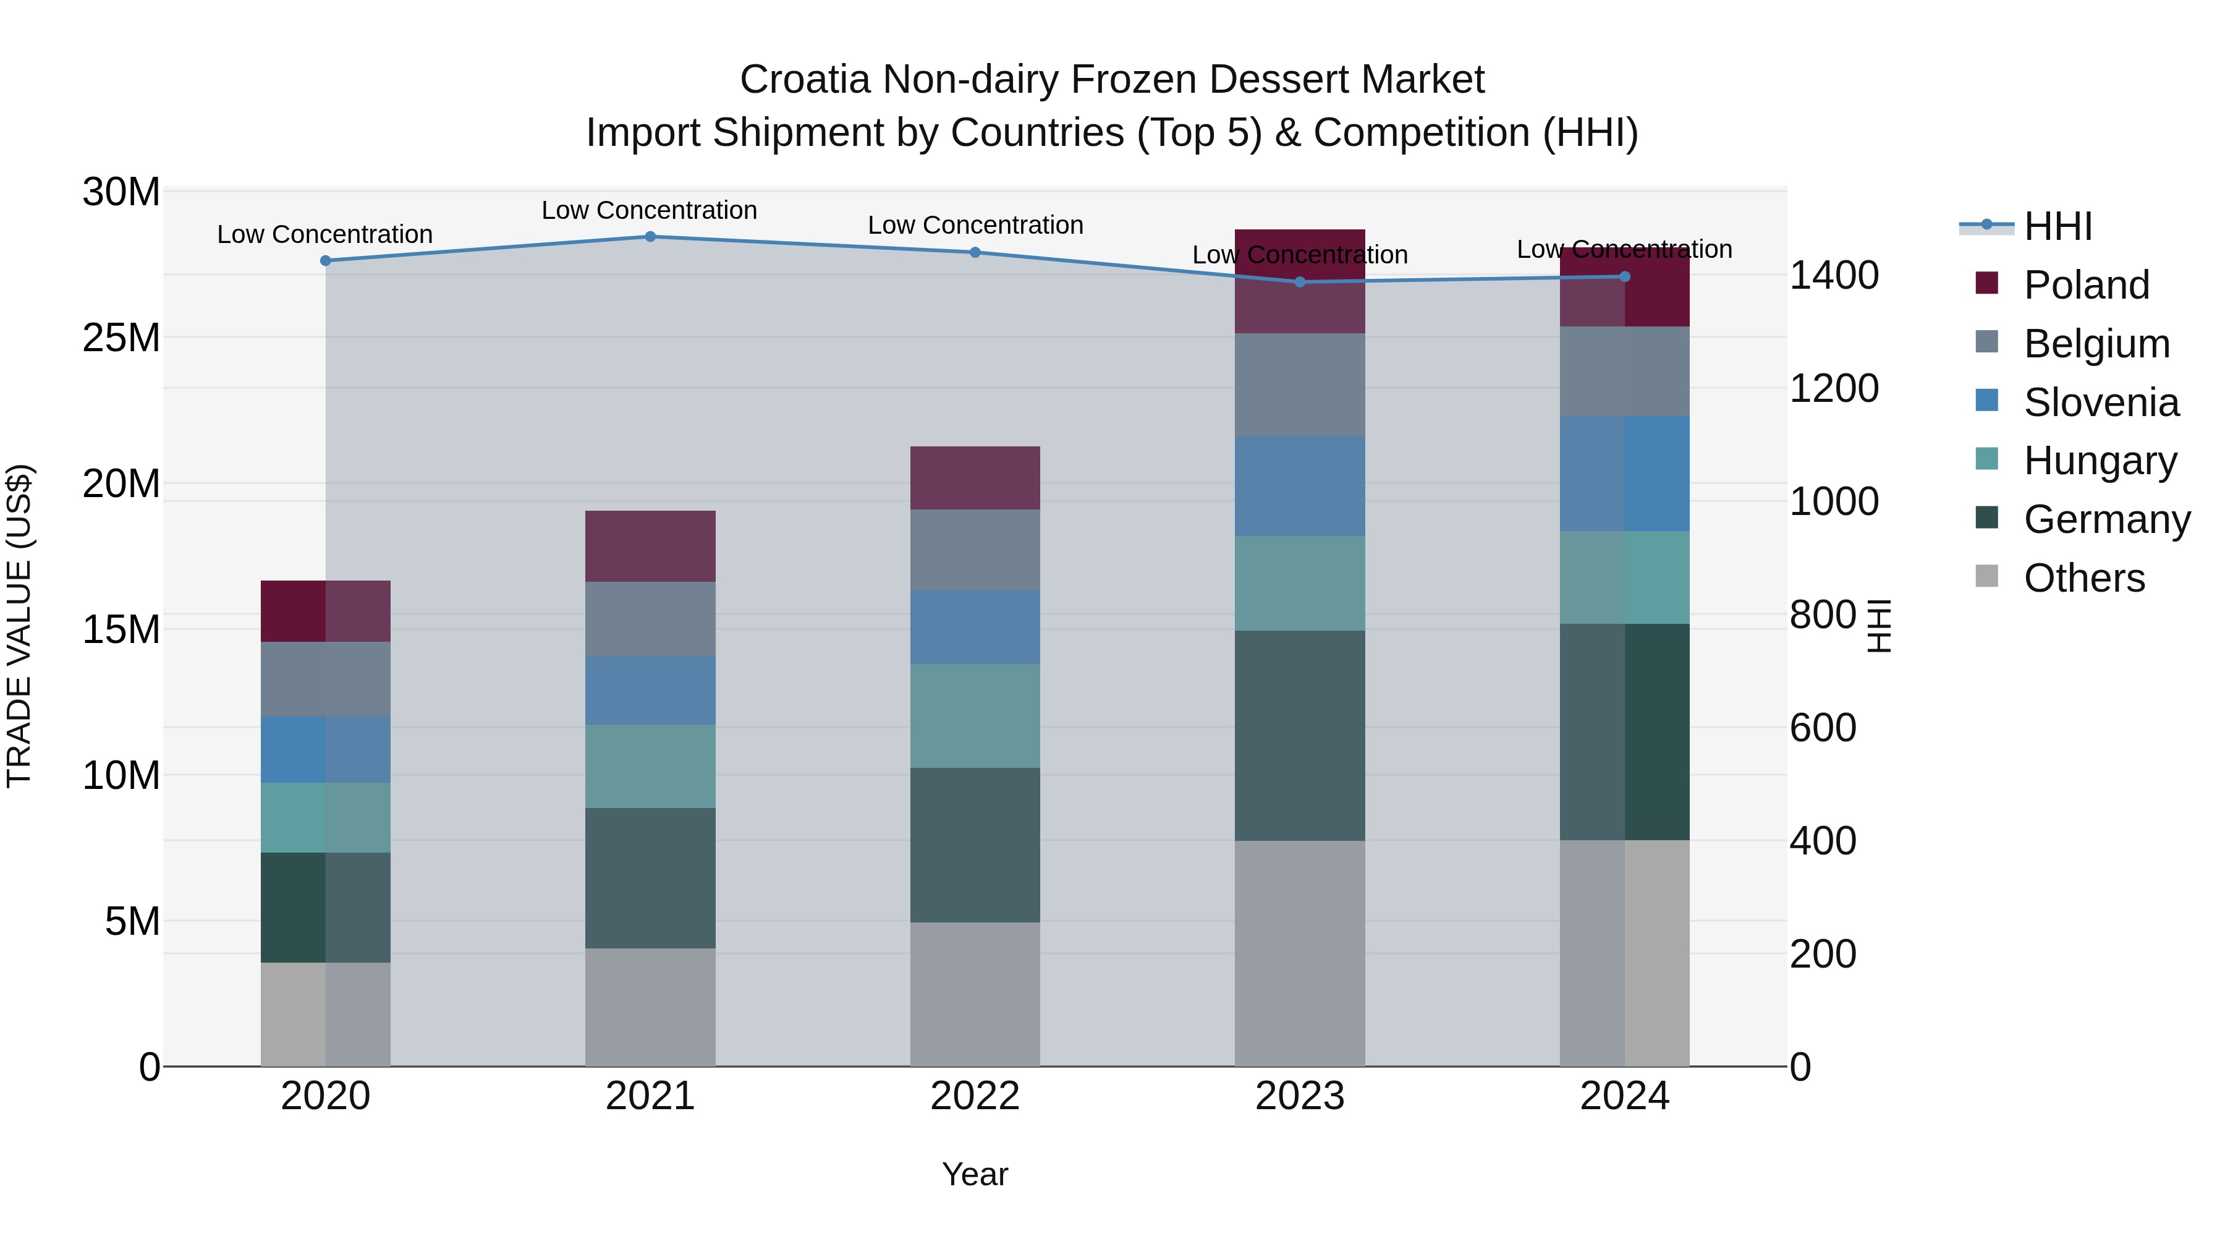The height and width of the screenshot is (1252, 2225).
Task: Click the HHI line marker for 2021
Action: pyautogui.click(x=650, y=237)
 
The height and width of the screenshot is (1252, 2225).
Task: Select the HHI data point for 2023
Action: pyautogui.click(x=1300, y=282)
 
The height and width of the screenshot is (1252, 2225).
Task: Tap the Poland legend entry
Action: pyautogui.click(x=2086, y=285)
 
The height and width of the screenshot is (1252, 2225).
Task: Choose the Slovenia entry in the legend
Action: pyautogui.click(x=2101, y=402)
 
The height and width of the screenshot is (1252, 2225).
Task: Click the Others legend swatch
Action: pyautogui.click(x=1986, y=576)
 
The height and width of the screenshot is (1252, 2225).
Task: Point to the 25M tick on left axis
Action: pyautogui.click(x=121, y=338)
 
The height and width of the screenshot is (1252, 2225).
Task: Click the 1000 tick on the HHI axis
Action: pyautogui.click(x=1834, y=502)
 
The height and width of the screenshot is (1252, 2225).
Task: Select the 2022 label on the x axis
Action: pyautogui.click(x=975, y=1096)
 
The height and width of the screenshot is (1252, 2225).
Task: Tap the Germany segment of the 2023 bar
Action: pyautogui.click(x=1300, y=735)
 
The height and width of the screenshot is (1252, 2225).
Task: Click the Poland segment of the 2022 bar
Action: pyautogui.click(x=975, y=478)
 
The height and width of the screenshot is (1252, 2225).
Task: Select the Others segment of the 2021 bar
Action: pyautogui.click(x=650, y=1008)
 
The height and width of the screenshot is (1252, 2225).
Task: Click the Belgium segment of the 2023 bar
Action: pyautogui.click(x=1300, y=385)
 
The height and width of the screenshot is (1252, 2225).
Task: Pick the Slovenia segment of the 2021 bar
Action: pyautogui.click(x=650, y=691)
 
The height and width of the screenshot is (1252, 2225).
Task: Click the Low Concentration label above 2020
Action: pyautogui.click(x=324, y=234)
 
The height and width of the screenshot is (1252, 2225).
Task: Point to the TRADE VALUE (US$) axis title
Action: pyautogui.click(x=19, y=626)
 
